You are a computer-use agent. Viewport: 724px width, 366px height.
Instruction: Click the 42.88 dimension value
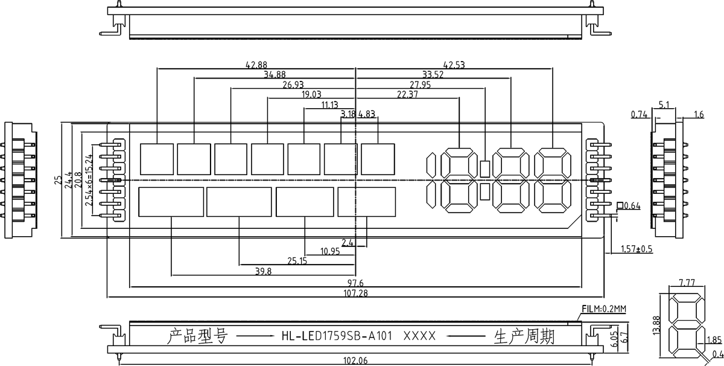coord(256,65)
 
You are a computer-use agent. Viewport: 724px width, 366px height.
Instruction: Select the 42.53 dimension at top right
coord(454,65)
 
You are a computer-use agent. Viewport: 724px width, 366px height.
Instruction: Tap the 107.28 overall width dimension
coord(355,293)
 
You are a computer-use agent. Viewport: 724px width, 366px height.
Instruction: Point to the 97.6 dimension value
coord(355,283)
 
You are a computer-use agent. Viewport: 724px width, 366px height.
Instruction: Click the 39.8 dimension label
coord(264,271)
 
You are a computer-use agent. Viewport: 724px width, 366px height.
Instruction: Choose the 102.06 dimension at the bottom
coord(355,361)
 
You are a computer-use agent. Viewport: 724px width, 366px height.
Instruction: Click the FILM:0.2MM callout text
coord(604,309)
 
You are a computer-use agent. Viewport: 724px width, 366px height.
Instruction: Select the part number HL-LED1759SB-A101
coord(337,336)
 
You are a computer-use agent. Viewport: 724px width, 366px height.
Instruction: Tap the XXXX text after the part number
coord(419,336)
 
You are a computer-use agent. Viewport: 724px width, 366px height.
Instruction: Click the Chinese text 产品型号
coord(197,336)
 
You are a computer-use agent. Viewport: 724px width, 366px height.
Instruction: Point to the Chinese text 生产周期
coord(524,336)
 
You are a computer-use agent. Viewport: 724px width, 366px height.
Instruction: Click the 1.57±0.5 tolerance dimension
coord(637,249)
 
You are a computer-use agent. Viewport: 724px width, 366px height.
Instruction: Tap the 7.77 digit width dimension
coord(687,283)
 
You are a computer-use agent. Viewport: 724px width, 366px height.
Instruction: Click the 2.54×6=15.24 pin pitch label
coord(89,180)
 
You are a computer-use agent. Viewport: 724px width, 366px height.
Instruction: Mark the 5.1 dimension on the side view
coord(664,104)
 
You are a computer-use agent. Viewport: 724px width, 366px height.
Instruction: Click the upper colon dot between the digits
coord(484,169)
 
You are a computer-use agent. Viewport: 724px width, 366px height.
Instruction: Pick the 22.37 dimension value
coord(407,94)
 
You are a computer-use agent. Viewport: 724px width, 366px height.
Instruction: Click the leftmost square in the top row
coord(157,159)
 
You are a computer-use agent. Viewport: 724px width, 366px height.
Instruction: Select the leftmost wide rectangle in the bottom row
coord(171,202)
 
